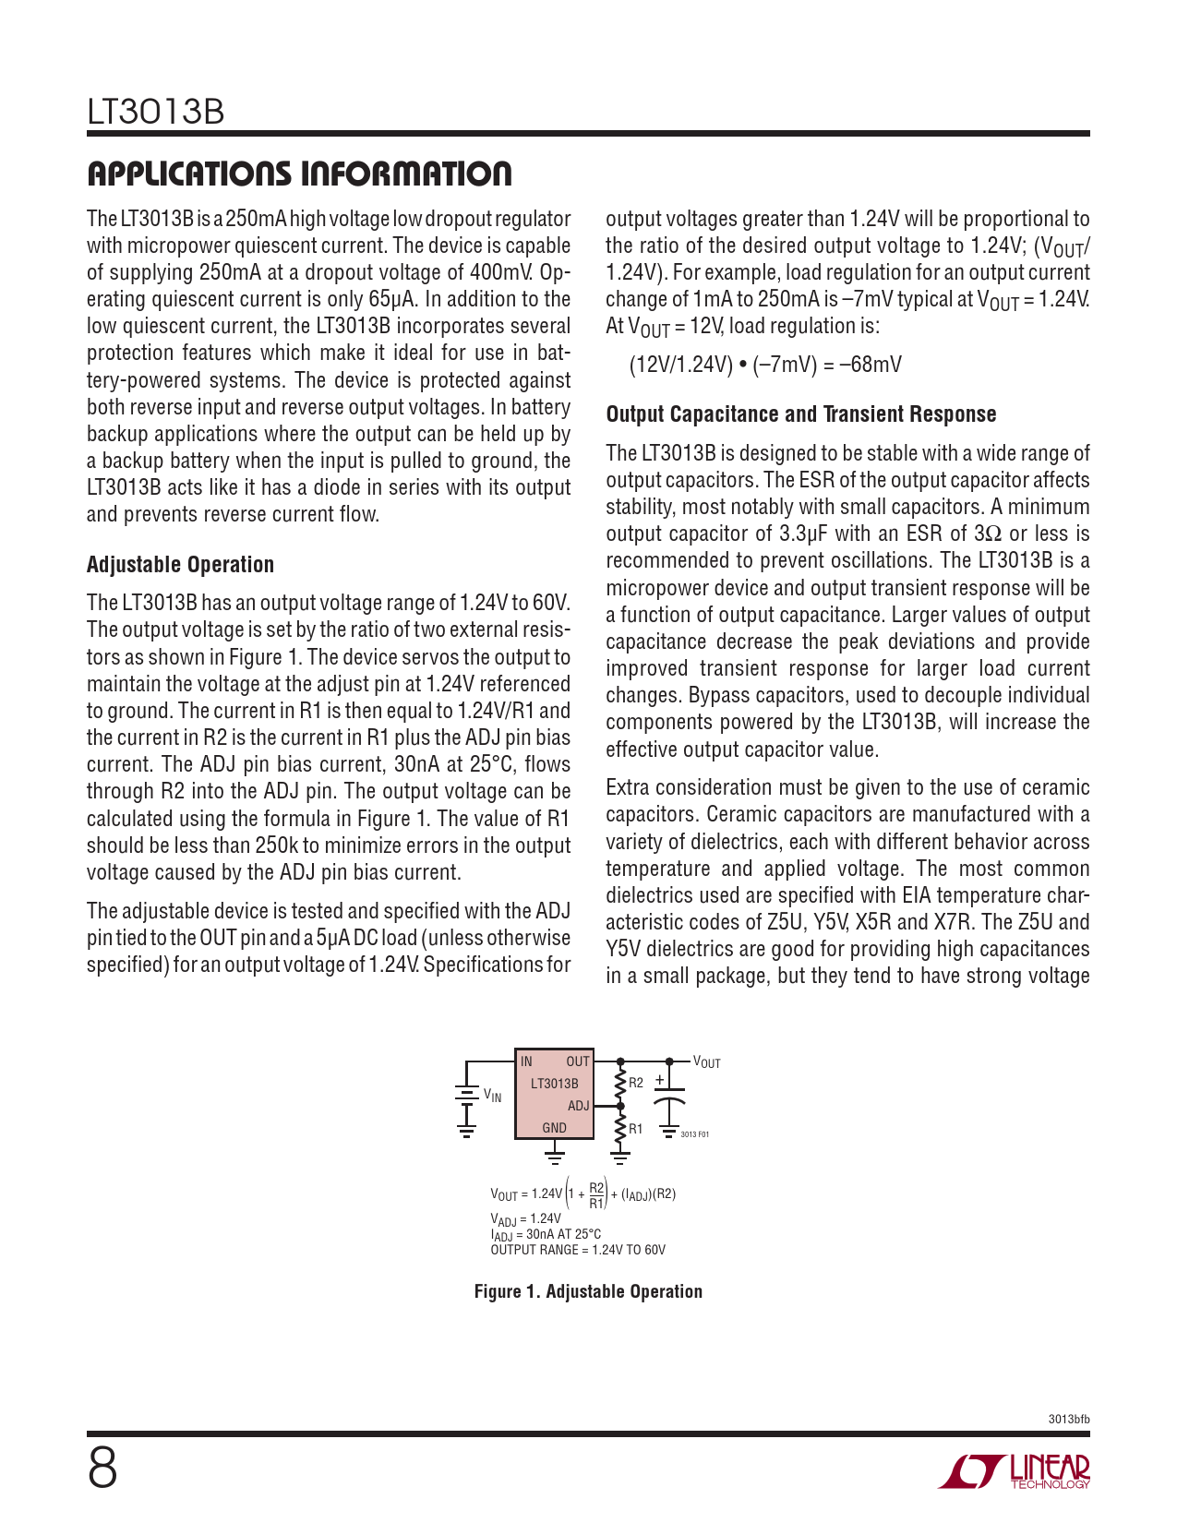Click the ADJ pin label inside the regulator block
[x=578, y=1106]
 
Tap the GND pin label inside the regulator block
[x=554, y=1128]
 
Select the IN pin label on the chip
[x=526, y=1061]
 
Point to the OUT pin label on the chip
[x=578, y=1061]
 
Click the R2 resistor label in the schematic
[x=636, y=1083]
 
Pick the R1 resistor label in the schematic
[x=636, y=1129]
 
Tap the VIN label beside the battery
[x=493, y=1096]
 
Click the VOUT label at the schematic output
[x=706, y=1063]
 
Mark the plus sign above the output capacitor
[x=659, y=1080]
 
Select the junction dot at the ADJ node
[x=620, y=1106]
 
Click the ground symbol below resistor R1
[x=620, y=1154]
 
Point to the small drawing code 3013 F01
[x=694, y=1134]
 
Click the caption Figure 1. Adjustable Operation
[x=588, y=1291]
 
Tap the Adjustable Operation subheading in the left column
[x=180, y=565]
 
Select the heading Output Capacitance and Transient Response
[x=800, y=414]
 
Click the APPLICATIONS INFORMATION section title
[x=299, y=174]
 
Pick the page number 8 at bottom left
[x=102, y=1468]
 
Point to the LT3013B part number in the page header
[x=156, y=113]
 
